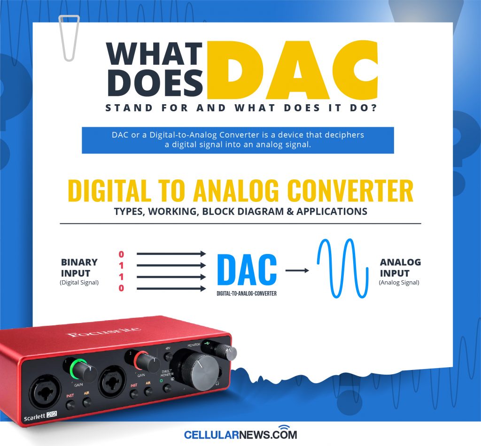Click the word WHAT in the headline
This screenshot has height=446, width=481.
pyautogui.click(x=155, y=54)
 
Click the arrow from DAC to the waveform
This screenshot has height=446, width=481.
pyautogui.click(x=297, y=270)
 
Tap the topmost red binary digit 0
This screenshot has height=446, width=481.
pyautogui.click(x=121, y=254)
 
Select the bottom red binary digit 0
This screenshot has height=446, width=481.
pyautogui.click(x=121, y=288)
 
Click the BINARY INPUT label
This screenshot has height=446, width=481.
pyautogui.click(x=79, y=268)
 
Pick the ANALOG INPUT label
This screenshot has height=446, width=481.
pyautogui.click(x=400, y=268)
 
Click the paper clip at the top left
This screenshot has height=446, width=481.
pyautogui.click(x=70, y=38)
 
